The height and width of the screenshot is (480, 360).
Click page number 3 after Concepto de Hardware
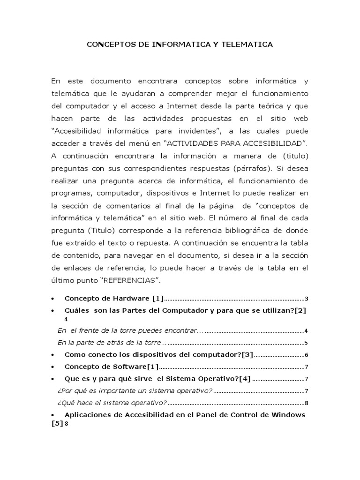(x=306, y=299)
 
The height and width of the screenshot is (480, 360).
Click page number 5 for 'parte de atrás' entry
(x=306, y=343)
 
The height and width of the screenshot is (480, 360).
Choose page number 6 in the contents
(x=306, y=354)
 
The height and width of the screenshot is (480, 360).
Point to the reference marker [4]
(x=244, y=379)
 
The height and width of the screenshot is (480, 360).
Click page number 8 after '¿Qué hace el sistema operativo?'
(x=306, y=403)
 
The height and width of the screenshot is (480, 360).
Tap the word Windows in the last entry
(x=288, y=415)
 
